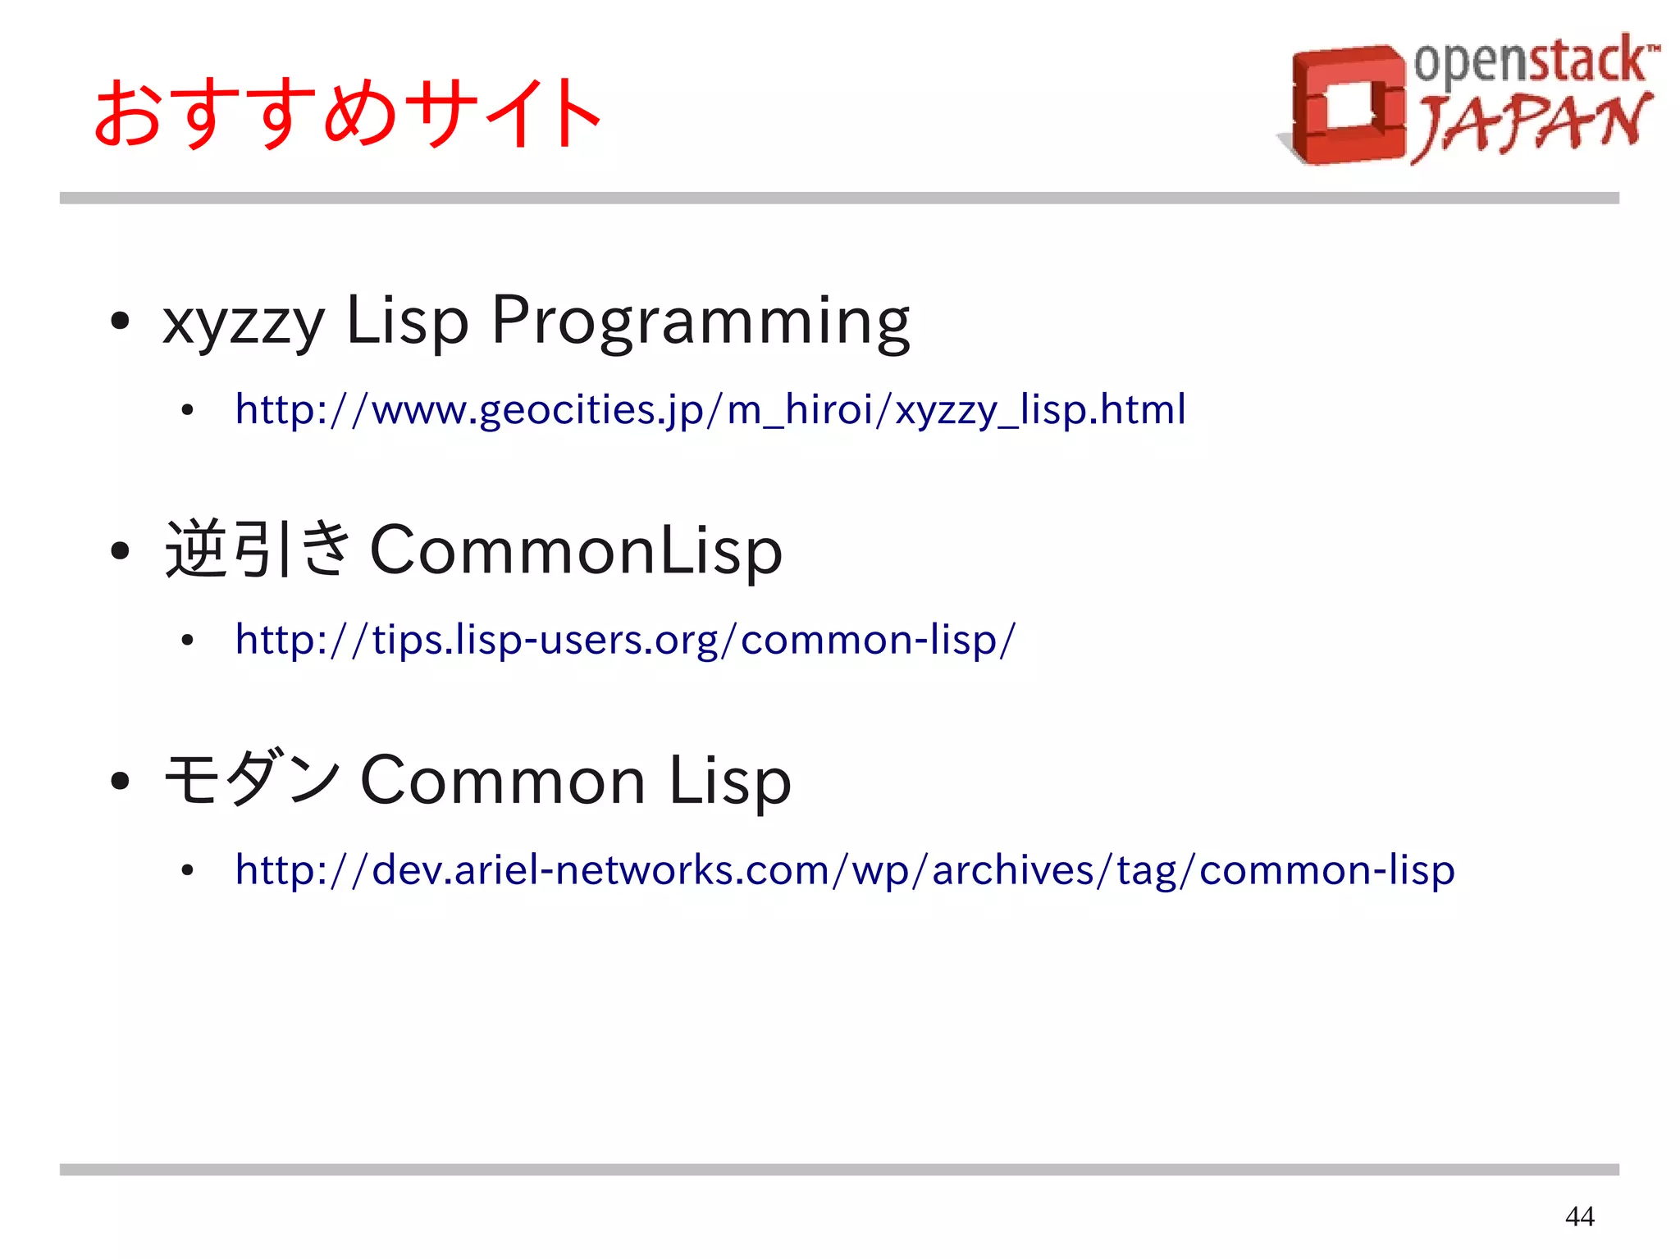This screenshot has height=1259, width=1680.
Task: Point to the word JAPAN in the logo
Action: (x=1531, y=125)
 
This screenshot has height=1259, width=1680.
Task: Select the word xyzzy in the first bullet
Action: (x=244, y=322)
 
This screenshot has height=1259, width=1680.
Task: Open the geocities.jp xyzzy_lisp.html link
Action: (x=710, y=409)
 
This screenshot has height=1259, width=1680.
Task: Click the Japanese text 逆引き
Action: (x=258, y=550)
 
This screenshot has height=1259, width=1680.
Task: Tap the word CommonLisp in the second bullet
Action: (x=576, y=550)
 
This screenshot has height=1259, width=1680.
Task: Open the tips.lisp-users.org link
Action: (x=625, y=640)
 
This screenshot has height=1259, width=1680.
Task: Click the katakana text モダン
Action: (x=252, y=779)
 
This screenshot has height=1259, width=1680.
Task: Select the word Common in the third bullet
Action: (x=503, y=780)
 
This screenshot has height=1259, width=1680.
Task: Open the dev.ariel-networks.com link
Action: (x=844, y=870)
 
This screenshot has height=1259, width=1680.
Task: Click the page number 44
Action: (x=1579, y=1216)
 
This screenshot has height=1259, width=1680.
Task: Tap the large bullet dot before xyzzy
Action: (x=120, y=322)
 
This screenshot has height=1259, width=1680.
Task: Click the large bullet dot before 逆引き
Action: (x=120, y=551)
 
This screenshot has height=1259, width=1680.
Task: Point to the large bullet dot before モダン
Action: (x=120, y=781)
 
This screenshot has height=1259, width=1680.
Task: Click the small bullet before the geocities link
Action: (x=188, y=410)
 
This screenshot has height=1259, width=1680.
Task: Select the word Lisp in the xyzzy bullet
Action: (x=407, y=322)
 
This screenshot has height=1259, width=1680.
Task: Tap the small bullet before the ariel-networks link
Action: (x=188, y=871)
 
